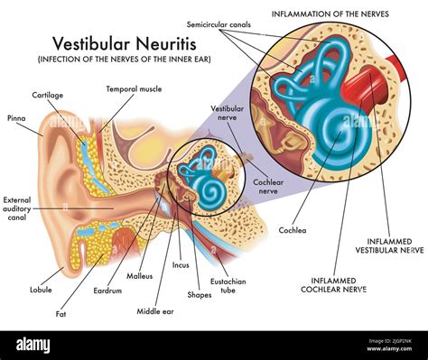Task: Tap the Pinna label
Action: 15,118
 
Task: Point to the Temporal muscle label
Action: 134,89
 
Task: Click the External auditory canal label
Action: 17,208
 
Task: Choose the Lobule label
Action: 40,290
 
